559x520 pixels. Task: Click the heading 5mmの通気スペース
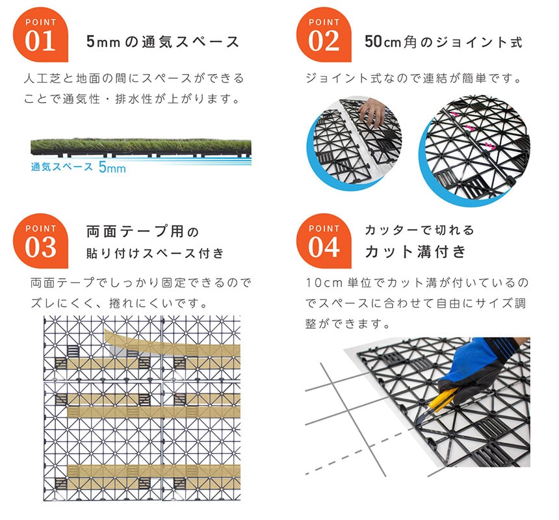click(x=163, y=42)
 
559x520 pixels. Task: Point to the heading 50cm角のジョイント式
click(x=443, y=42)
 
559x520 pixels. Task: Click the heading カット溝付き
click(x=415, y=251)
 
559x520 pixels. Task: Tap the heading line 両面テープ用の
click(x=142, y=231)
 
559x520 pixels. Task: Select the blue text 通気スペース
click(x=62, y=166)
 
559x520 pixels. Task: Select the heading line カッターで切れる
click(x=419, y=230)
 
